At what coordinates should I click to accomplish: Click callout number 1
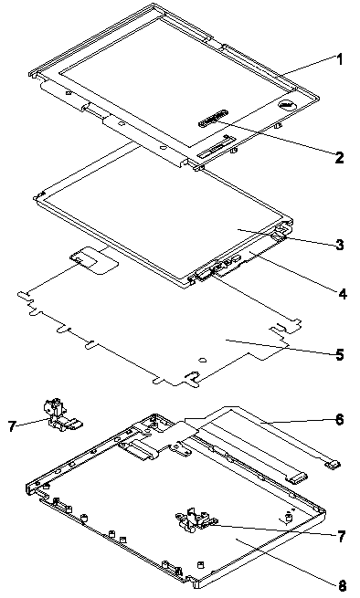tap(339, 60)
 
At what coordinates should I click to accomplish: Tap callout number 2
tap(339, 157)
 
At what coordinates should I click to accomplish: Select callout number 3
tap(339, 245)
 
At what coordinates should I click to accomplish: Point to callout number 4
tap(342, 294)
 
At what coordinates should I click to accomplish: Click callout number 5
tap(339, 354)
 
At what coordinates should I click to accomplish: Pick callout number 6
tap(339, 420)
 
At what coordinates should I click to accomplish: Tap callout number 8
tap(342, 585)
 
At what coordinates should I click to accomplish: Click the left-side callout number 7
tap(12, 425)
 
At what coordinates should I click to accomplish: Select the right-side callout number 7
tap(342, 537)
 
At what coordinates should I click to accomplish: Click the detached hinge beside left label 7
tap(61, 413)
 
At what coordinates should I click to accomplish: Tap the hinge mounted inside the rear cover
tap(196, 519)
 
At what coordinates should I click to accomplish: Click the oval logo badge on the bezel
tap(287, 104)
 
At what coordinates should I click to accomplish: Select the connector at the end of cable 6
tap(332, 464)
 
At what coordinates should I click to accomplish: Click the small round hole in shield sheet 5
tap(203, 360)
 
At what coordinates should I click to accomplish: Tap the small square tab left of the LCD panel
tap(82, 257)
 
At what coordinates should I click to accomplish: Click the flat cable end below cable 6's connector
tap(297, 477)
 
